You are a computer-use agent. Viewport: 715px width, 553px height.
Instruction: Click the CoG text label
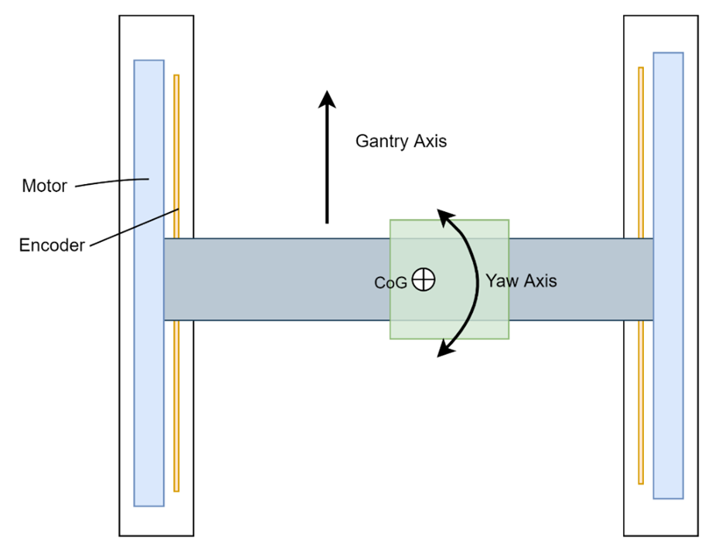point(390,283)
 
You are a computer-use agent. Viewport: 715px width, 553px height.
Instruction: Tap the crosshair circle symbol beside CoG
point(424,279)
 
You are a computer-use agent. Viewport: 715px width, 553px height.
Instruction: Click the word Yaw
point(502,281)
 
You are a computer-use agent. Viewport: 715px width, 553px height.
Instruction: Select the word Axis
point(540,281)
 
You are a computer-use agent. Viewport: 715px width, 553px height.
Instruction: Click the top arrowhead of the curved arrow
point(444,224)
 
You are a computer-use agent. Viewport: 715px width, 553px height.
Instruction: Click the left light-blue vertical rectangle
point(148,387)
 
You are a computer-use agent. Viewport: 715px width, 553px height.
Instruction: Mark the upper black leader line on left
point(134,180)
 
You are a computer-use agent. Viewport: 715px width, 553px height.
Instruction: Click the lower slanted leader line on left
point(149,220)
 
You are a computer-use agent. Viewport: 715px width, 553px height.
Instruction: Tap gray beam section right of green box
point(581,279)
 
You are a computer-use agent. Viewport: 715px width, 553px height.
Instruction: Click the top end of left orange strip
point(176,77)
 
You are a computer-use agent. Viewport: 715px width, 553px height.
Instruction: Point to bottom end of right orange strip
point(641,481)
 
